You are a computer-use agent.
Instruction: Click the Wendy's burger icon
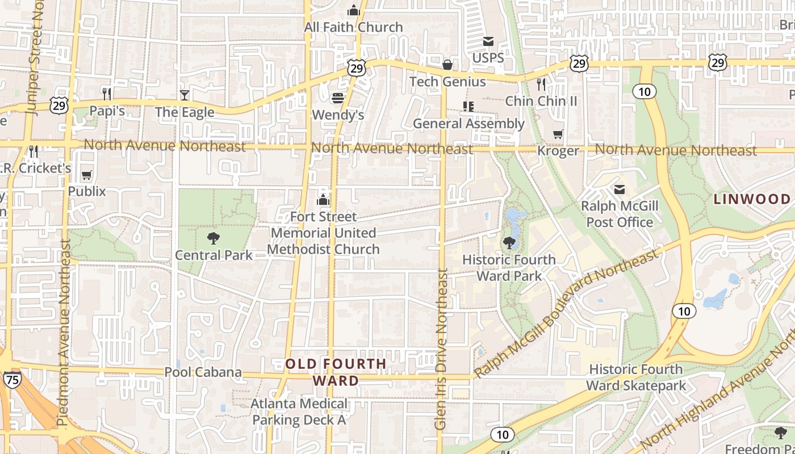pyautogui.click(x=338, y=98)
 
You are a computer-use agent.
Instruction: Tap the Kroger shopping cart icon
pyautogui.click(x=558, y=134)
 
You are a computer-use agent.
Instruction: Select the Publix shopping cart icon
pyautogui.click(x=86, y=175)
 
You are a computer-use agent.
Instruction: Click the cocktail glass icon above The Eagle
pyautogui.click(x=185, y=95)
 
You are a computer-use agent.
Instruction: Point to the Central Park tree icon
pyautogui.click(x=214, y=238)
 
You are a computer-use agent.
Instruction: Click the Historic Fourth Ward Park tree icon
pyautogui.click(x=509, y=243)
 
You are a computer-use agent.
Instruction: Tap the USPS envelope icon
pyautogui.click(x=488, y=41)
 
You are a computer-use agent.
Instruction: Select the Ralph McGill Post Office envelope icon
pyautogui.click(x=620, y=190)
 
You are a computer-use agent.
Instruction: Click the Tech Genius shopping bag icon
pyautogui.click(x=447, y=65)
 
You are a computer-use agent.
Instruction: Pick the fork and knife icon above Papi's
pyautogui.click(x=107, y=94)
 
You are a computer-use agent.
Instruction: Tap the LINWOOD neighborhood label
pyautogui.click(x=752, y=199)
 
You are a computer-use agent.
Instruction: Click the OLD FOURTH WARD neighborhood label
pyautogui.click(x=336, y=372)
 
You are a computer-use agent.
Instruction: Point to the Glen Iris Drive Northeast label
pyautogui.click(x=441, y=348)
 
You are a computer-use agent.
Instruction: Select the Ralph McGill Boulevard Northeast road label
pyautogui.click(x=565, y=315)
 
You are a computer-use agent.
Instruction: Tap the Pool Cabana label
pyautogui.click(x=203, y=372)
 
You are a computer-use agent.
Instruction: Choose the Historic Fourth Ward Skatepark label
pyautogui.click(x=636, y=377)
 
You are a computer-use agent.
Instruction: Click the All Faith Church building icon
pyautogui.click(x=354, y=10)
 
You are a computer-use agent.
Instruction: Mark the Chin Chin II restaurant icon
pyautogui.click(x=541, y=84)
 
